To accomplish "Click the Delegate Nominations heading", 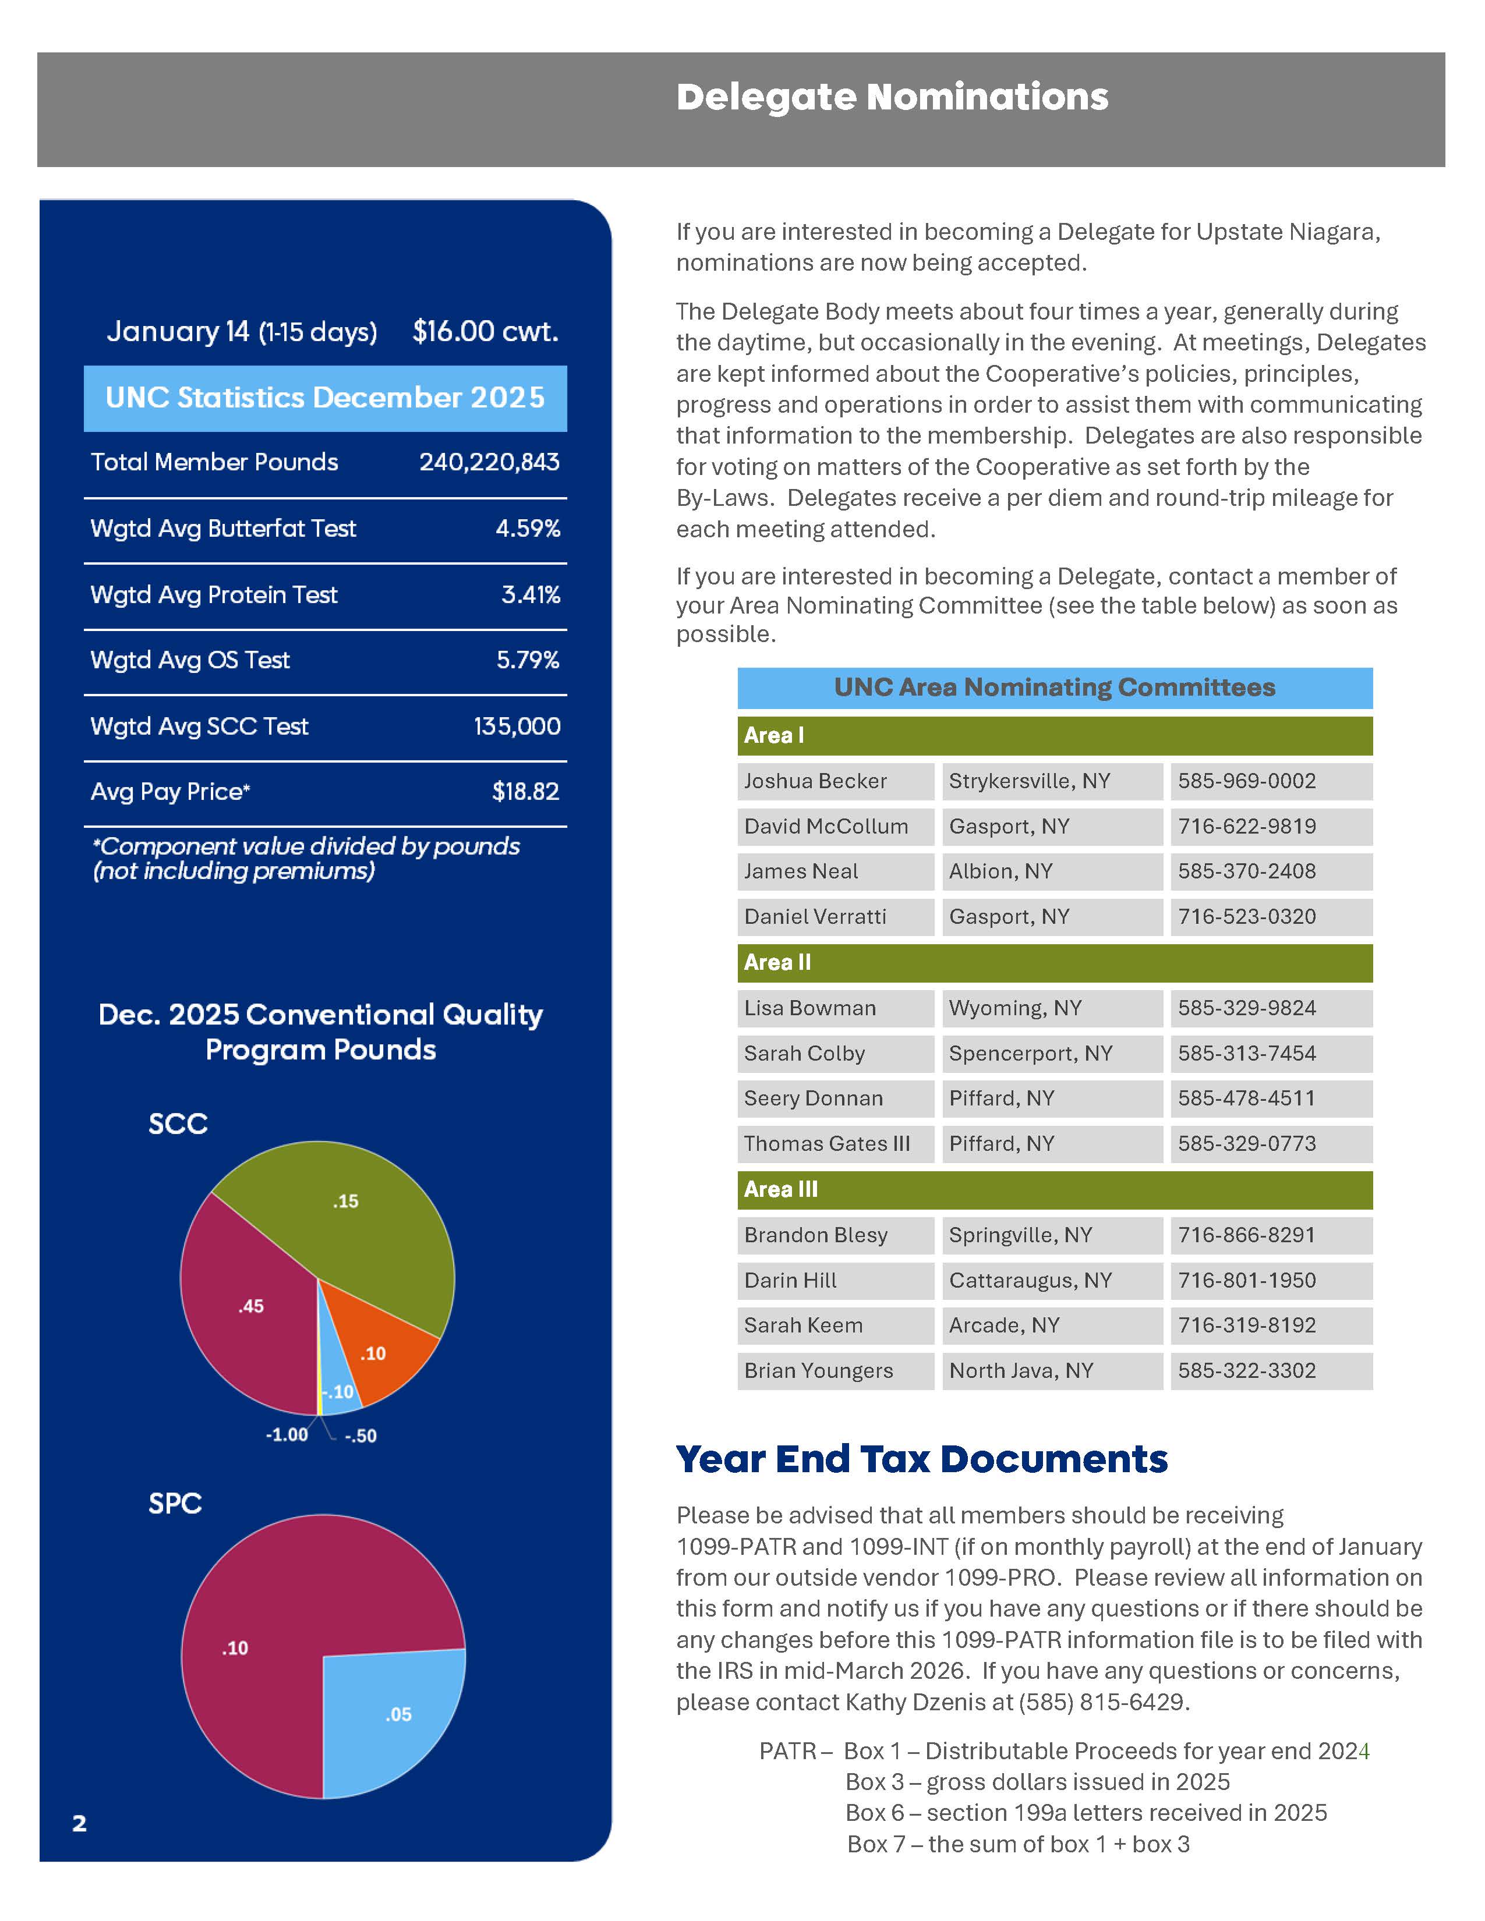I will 891,97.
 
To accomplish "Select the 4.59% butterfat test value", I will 527,528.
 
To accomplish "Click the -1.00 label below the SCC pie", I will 287,1434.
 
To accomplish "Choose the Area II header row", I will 1054,962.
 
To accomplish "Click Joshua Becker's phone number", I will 1247,781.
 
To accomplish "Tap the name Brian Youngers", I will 818,1370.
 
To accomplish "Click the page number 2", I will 79,1823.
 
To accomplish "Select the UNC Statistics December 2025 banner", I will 324,398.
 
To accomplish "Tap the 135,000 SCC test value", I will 517,726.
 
